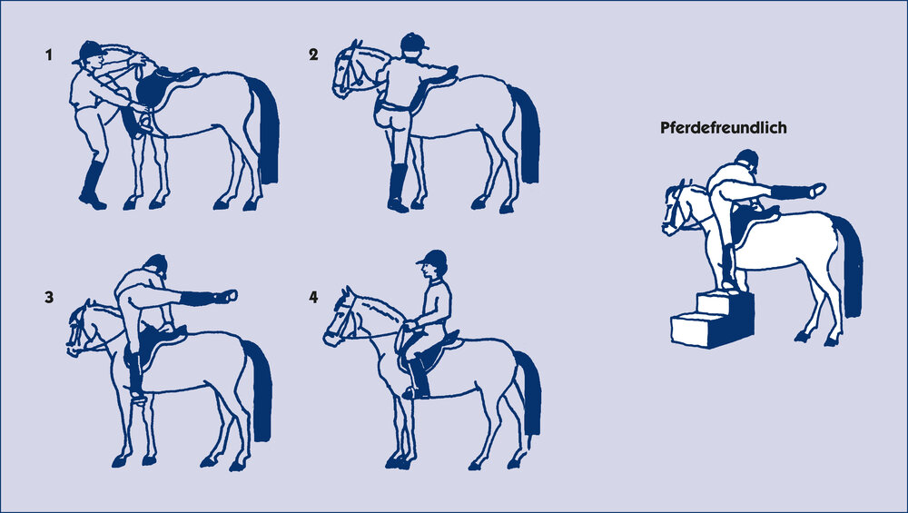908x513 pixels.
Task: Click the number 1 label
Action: click(49, 55)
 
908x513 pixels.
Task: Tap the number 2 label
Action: click(313, 54)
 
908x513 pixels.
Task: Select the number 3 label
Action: click(49, 297)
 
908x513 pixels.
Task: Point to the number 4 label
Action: click(313, 297)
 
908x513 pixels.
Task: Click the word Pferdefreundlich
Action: click(724, 128)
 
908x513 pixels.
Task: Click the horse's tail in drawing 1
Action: click(266, 130)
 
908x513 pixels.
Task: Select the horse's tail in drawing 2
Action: click(526, 134)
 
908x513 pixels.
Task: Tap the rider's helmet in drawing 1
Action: click(89, 51)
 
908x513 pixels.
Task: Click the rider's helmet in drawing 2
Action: click(413, 43)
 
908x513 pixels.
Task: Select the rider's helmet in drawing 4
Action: click(432, 258)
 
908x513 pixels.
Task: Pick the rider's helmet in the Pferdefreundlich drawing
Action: click(747, 159)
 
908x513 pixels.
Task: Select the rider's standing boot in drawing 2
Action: click(398, 188)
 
